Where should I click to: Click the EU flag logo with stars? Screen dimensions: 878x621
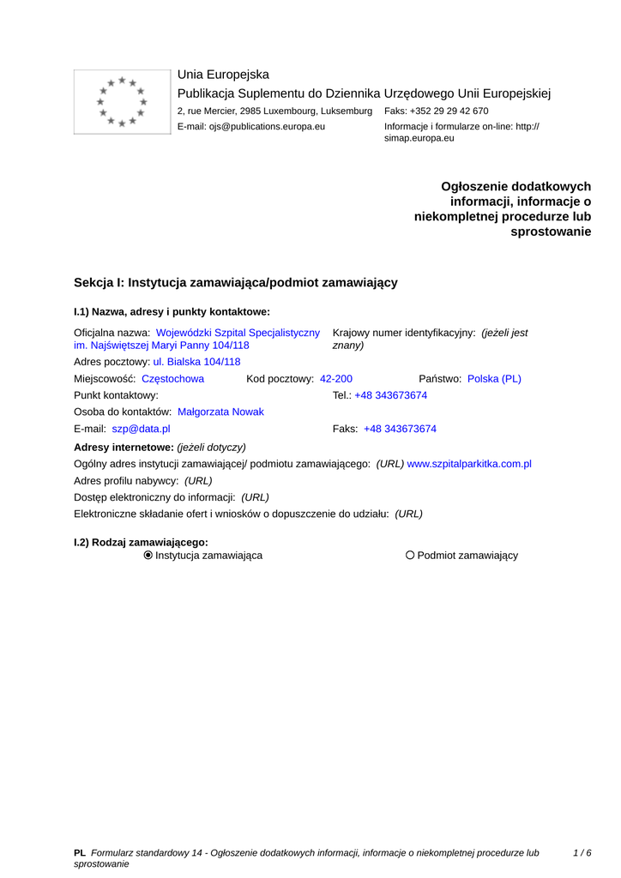[123, 101]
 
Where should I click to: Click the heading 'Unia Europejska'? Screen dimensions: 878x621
[223, 75]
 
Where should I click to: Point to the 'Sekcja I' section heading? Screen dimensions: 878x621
[236, 282]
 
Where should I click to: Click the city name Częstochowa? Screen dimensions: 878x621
[172, 378]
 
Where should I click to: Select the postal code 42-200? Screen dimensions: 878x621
[336, 378]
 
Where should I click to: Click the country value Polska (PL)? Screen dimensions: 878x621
[494, 378]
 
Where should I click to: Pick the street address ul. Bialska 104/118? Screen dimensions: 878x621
[196, 362]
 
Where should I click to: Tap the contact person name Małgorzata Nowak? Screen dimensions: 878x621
[220, 412]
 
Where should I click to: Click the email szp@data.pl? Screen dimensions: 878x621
[141, 429]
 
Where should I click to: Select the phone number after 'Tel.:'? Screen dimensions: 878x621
[391, 395]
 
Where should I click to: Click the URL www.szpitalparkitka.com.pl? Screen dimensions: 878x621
[469, 464]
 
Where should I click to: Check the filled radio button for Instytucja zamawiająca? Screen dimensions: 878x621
[148, 556]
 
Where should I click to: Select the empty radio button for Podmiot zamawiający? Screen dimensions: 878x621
[410, 556]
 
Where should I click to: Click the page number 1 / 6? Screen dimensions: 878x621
[582, 853]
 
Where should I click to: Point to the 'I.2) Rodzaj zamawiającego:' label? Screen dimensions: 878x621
[142, 542]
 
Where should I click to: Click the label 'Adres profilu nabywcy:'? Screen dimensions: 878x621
[126, 481]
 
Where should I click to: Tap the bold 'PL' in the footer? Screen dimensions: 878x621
[80, 853]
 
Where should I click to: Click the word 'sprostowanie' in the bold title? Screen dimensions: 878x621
[551, 232]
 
